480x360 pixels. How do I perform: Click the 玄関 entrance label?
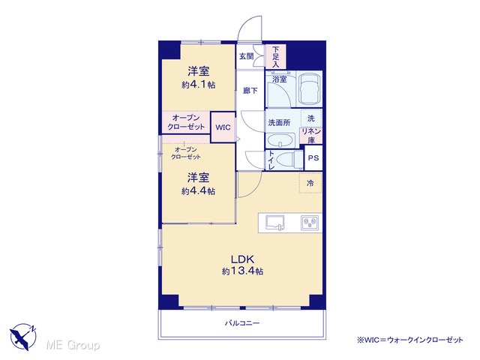tap(247, 56)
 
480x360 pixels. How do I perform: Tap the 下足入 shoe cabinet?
tap(276, 57)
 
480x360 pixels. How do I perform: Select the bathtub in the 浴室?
tap(310, 89)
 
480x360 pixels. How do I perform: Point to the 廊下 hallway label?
tap(250, 91)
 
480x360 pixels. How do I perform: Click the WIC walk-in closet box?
tap(223, 127)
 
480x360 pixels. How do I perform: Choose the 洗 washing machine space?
tap(311, 118)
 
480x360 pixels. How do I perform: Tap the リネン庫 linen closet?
tap(311, 136)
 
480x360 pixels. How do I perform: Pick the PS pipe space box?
tap(313, 158)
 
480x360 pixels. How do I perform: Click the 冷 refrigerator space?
tap(310, 183)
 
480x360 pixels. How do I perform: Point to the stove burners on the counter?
tap(310, 223)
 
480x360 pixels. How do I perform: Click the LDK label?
tap(243, 259)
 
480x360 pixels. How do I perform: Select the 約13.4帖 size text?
tap(243, 271)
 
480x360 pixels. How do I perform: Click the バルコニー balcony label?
tap(242, 323)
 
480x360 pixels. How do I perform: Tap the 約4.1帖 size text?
tap(198, 85)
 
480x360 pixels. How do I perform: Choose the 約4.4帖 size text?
tap(198, 191)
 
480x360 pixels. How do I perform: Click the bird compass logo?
tap(23, 337)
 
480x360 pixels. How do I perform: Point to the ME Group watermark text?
tap(73, 346)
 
